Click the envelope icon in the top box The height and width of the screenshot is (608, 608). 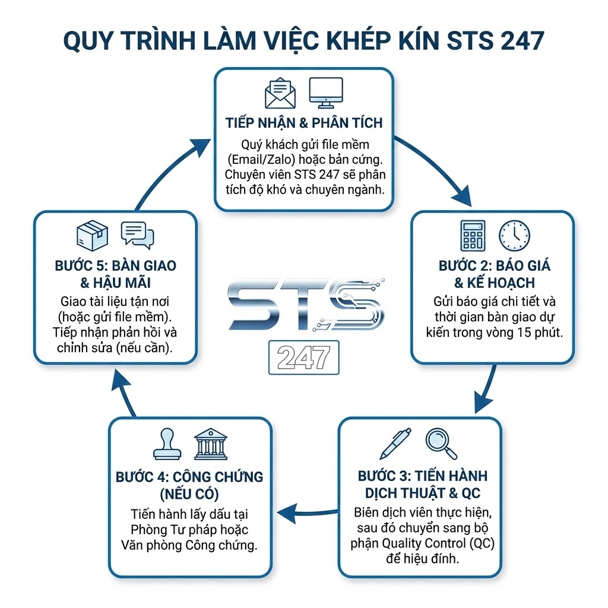280,94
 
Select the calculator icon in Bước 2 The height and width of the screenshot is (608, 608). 473,235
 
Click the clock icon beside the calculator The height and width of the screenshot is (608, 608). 514,235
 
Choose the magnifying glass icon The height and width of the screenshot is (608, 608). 441,443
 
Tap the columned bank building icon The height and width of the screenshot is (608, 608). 211,445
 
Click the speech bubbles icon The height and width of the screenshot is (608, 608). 137,235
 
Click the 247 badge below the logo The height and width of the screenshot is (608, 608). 303,357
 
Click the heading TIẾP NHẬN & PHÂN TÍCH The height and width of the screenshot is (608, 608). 304,123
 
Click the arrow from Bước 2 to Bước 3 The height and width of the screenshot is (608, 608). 487,389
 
